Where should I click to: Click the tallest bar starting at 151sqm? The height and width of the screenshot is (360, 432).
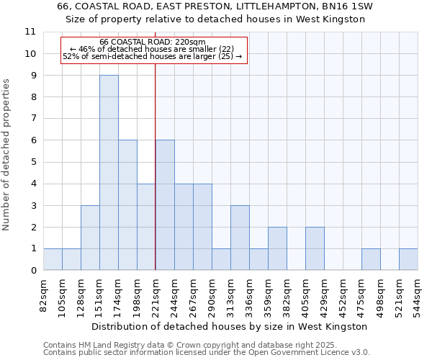[x=109, y=173]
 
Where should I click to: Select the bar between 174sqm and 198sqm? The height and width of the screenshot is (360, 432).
[x=127, y=205]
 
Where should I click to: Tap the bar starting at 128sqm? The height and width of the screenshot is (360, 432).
[x=90, y=238]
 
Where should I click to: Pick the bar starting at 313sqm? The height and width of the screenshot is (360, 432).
[x=240, y=238]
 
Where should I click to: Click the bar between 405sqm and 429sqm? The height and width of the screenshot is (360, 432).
[x=315, y=248]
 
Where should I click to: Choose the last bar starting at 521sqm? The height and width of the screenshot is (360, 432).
[x=408, y=259]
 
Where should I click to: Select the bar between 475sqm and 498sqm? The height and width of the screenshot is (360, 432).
[x=371, y=259]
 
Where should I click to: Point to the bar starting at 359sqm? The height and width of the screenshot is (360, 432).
[x=277, y=248]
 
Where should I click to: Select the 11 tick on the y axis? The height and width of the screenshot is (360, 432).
[x=30, y=32]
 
